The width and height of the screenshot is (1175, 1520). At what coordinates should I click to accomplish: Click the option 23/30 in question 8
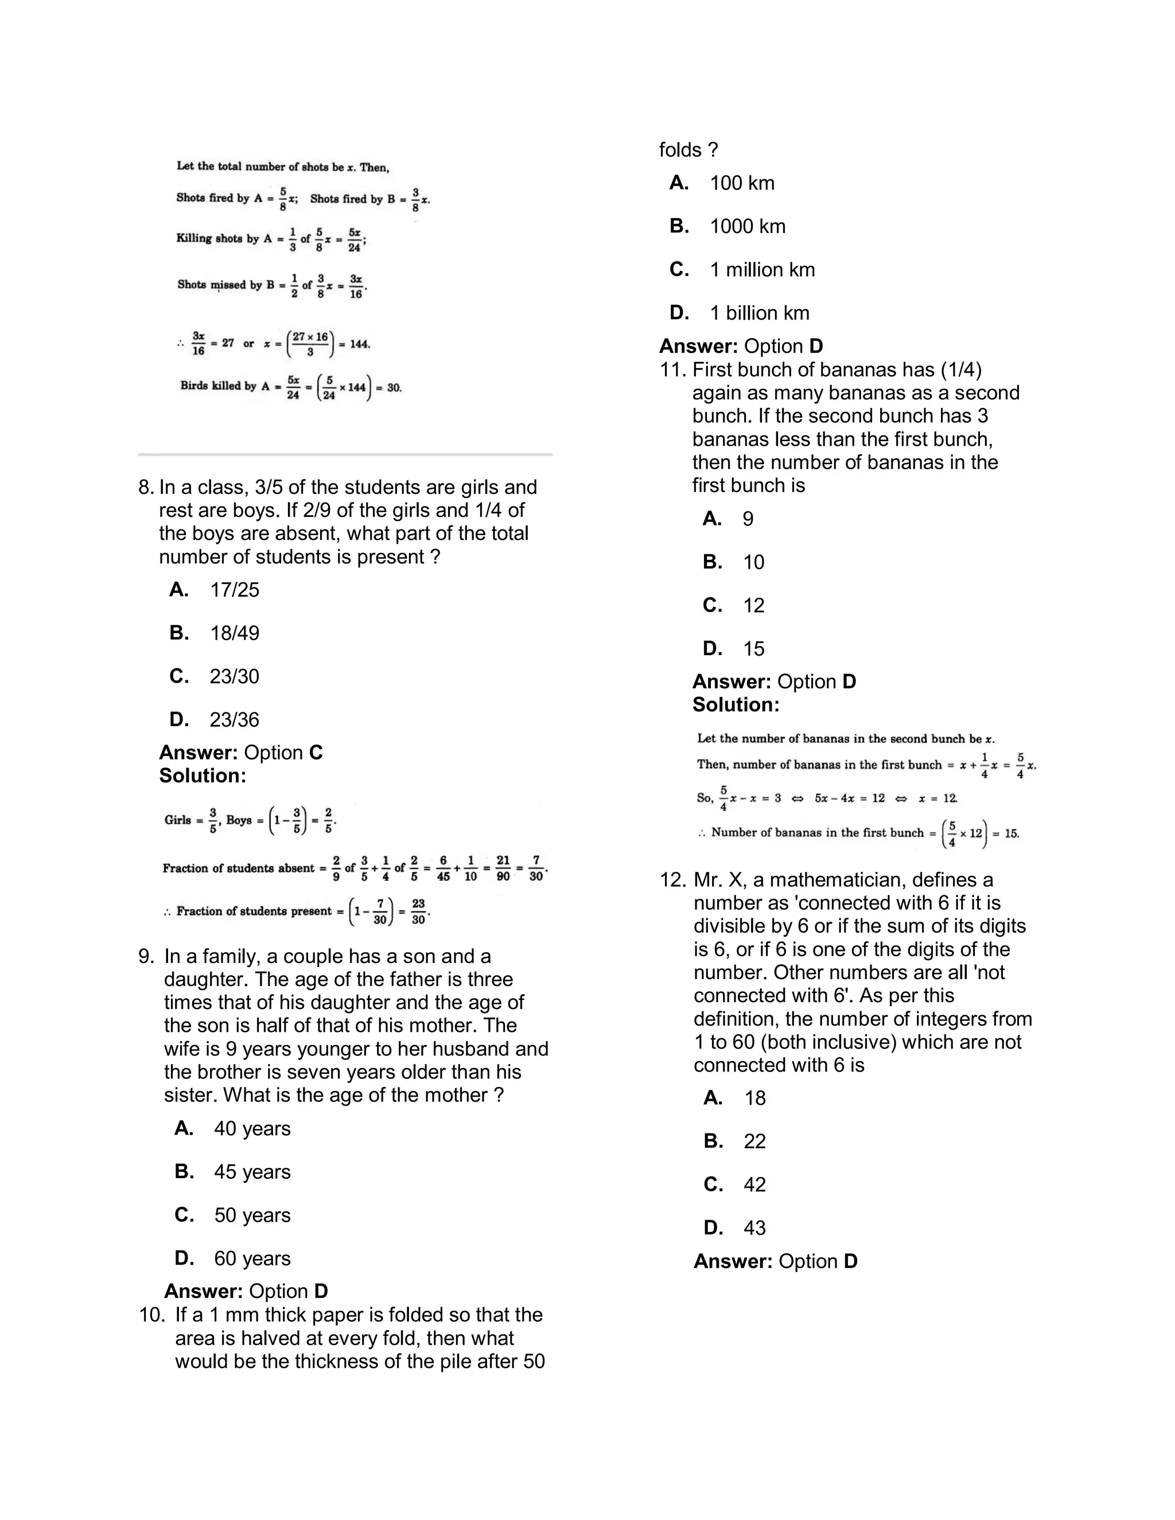tap(234, 676)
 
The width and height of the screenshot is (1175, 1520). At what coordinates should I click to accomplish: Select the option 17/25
tap(234, 590)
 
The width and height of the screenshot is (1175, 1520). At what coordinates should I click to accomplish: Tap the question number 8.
tap(146, 487)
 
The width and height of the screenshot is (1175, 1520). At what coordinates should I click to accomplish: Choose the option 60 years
tap(252, 1258)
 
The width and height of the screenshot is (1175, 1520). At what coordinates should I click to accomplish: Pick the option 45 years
tap(252, 1172)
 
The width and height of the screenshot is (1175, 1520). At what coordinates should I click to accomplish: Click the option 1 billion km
tap(760, 313)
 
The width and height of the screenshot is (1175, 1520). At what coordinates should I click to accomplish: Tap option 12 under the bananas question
tap(754, 606)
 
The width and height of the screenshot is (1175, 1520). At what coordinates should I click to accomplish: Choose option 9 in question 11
tap(748, 519)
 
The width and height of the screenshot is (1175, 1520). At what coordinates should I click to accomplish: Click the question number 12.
tap(672, 880)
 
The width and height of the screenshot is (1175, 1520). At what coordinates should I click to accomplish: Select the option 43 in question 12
tap(754, 1227)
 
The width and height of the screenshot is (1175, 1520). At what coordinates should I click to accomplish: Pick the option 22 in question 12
tap(754, 1141)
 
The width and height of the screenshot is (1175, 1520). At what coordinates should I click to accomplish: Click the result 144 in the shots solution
tap(360, 344)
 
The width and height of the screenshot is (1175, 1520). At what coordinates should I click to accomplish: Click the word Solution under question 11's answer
tap(736, 705)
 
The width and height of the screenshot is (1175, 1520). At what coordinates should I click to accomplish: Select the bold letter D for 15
tap(712, 649)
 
